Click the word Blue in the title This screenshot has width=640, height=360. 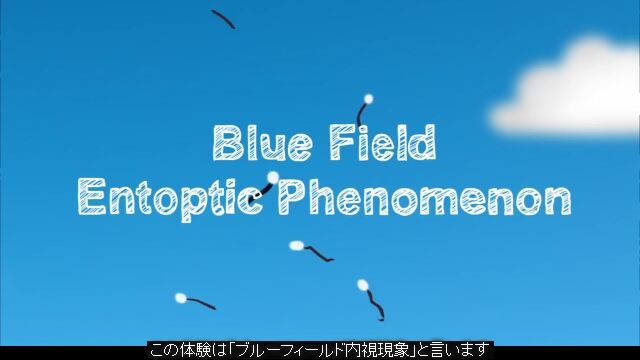click(263, 142)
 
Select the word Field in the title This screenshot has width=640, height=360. click(383, 142)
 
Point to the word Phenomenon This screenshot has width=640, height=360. click(424, 198)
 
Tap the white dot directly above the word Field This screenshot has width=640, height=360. click(368, 98)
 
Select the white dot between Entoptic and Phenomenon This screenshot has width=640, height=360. click(273, 177)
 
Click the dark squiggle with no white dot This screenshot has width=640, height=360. click(223, 19)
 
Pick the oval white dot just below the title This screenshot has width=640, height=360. click(297, 245)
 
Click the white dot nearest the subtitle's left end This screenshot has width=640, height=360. click(180, 298)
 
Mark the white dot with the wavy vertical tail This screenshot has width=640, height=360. click(362, 285)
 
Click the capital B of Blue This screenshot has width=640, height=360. click(226, 142)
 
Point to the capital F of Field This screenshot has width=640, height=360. click(342, 142)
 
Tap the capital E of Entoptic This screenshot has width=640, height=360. click(91, 196)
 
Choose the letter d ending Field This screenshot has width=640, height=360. click(424, 142)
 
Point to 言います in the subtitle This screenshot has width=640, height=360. click(459, 350)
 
